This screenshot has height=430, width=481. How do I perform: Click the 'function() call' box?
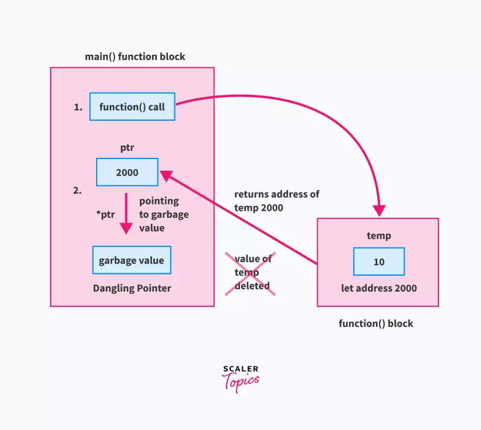click(x=132, y=107)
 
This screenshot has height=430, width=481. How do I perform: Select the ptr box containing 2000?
click(x=127, y=172)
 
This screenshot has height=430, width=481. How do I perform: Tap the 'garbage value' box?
click(x=131, y=260)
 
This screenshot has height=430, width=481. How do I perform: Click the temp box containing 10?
click(x=379, y=262)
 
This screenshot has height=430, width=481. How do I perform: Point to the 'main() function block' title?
click(x=135, y=57)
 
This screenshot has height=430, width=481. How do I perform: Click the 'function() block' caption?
click(x=376, y=323)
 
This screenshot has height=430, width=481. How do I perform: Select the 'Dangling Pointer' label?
click(x=132, y=289)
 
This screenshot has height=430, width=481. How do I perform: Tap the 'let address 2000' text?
click(x=379, y=288)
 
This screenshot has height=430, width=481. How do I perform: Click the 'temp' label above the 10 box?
click(x=379, y=236)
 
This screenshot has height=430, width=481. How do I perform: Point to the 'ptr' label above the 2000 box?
click(x=127, y=148)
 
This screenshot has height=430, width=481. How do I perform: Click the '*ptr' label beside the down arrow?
click(x=106, y=214)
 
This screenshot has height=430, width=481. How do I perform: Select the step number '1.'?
click(x=78, y=107)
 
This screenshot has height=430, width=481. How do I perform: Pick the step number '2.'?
click(x=77, y=190)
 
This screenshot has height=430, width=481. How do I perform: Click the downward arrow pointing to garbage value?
click(x=126, y=214)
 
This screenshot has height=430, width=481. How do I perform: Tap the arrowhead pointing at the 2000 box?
click(x=166, y=176)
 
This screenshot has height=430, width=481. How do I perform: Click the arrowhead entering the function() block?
click(x=380, y=211)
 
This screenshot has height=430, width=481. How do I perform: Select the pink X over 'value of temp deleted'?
click(x=251, y=274)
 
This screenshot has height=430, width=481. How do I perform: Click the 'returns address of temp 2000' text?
click(x=276, y=201)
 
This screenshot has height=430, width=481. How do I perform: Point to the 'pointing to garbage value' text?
click(x=164, y=214)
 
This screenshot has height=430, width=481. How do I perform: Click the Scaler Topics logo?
click(x=240, y=379)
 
